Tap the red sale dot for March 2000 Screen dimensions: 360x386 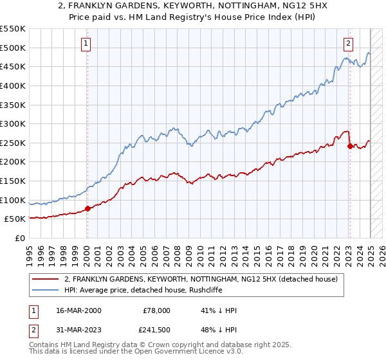pos(88,208)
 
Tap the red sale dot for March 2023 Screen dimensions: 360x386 pos(350,146)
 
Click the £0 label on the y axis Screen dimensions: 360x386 pos(19,238)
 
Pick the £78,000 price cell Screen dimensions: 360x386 pos(156,310)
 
